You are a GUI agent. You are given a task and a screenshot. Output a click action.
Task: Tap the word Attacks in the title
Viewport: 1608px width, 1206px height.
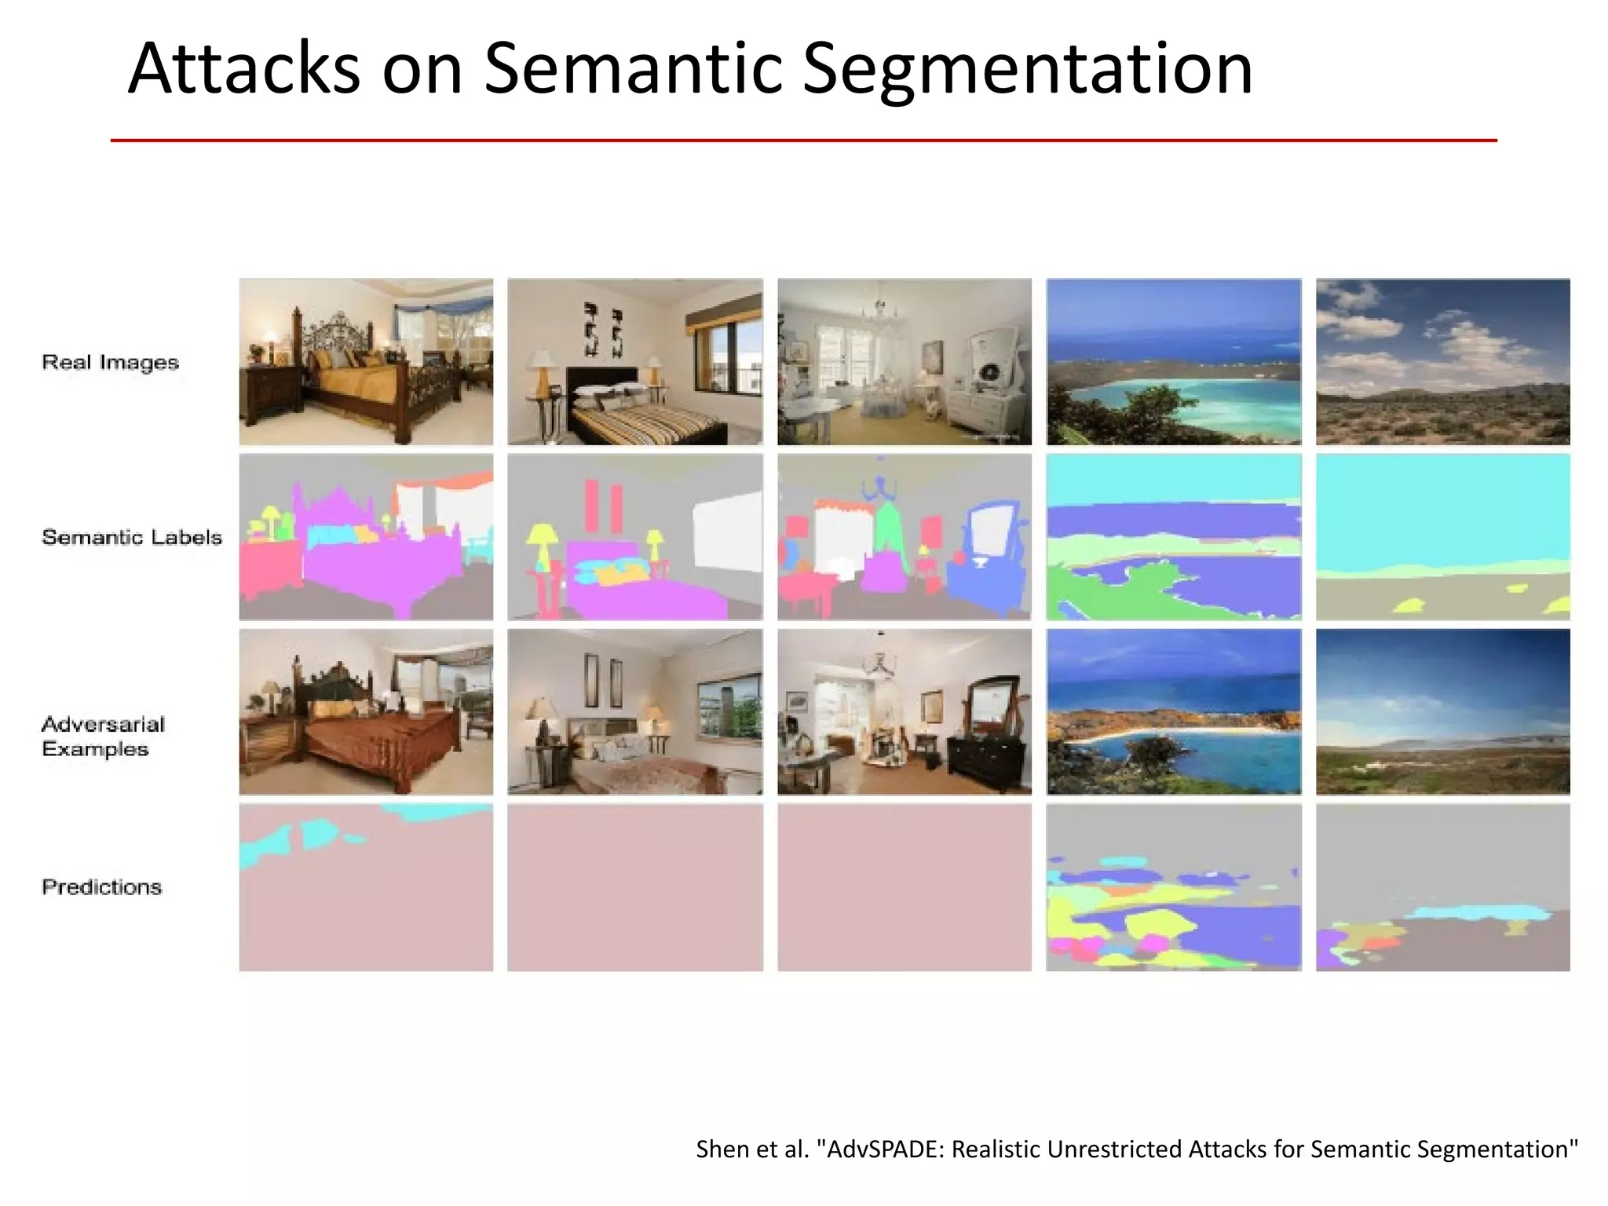click(243, 69)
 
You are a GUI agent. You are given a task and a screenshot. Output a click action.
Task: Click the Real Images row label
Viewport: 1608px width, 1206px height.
click(110, 362)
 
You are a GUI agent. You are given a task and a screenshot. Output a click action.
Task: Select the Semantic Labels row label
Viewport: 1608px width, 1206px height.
click(132, 537)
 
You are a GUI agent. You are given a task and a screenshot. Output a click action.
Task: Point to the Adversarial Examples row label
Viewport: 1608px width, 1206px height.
click(102, 736)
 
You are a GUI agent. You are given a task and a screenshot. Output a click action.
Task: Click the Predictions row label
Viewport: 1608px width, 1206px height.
click(101, 886)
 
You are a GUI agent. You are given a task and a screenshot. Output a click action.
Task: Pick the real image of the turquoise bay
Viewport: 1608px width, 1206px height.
click(1173, 362)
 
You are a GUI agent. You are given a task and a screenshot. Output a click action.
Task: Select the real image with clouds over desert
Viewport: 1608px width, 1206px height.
click(1442, 362)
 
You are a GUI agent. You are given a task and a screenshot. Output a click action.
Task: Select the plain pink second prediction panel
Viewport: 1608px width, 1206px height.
click(634, 887)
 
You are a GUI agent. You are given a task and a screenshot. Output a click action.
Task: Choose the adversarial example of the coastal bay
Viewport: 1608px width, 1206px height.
click(1173, 711)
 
